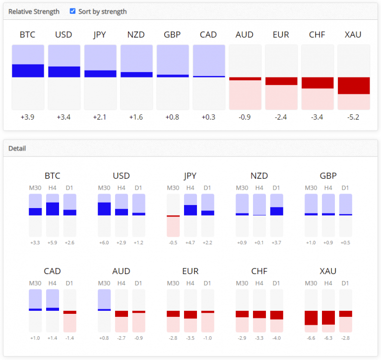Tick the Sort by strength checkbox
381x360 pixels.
[73, 11]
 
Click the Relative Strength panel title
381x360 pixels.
[34, 11]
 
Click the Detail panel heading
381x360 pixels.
[17, 148]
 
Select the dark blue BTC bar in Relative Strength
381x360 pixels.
[28, 71]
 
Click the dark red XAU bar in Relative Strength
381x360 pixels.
[354, 85]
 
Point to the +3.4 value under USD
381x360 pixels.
[64, 117]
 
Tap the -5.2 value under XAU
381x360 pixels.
[354, 117]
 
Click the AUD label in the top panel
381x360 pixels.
[245, 35]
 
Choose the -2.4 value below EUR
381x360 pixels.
[281, 117]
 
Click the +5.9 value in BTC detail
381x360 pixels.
[53, 242]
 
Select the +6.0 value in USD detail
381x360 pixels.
[104, 242]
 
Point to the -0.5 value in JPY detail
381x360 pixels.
[173, 242]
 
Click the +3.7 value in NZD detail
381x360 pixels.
[276, 242]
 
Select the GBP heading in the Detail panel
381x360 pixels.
[328, 176]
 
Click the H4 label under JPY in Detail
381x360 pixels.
[190, 188]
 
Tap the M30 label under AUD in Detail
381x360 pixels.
[104, 284]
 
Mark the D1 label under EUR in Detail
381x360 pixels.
[207, 284]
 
